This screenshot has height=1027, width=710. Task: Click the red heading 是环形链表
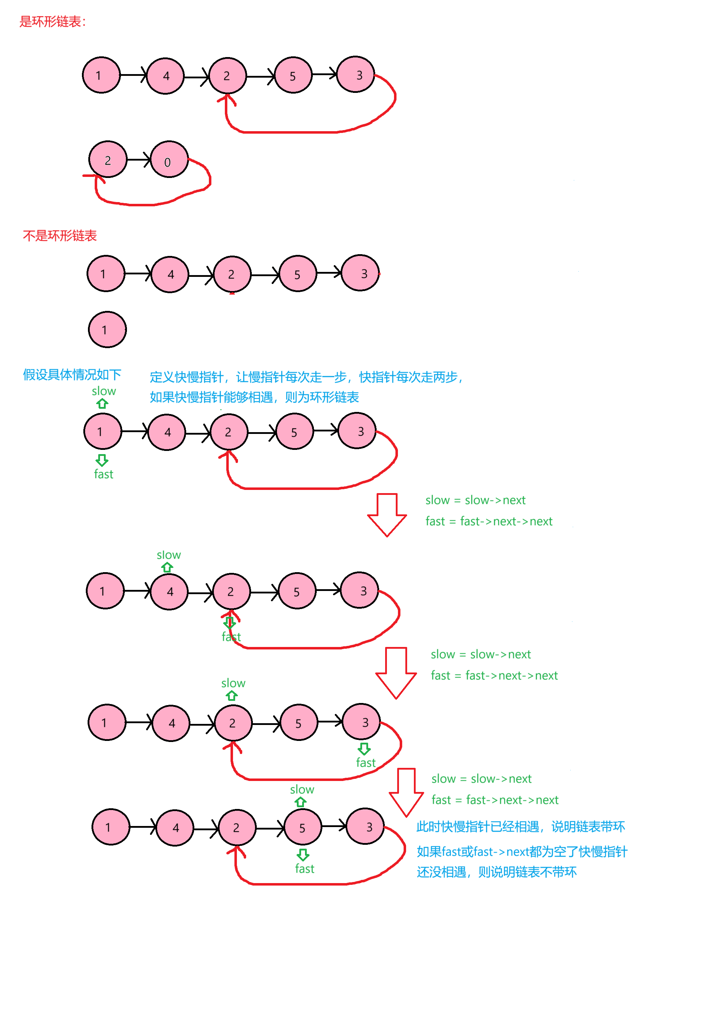(x=52, y=21)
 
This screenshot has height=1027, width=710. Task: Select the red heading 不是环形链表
(x=60, y=236)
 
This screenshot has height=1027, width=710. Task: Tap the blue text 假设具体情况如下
(x=72, y=375)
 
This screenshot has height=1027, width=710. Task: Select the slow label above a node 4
(x=168, y=555)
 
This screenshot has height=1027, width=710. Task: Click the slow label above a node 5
(x=302, y=789)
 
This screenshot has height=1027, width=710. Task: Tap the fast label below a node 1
(x=103, y=474)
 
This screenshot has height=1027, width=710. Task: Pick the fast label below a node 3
(x=366, y=763)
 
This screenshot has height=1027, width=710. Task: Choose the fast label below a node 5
(x=305, y=869)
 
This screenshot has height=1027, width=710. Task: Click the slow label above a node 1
(x=104, y=391)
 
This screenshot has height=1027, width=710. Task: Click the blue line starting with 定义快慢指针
(x=306, y=377)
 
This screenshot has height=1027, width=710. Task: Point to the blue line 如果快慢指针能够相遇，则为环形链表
(x=254, y=397)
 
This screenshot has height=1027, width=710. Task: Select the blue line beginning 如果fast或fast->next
(x=522, y=852)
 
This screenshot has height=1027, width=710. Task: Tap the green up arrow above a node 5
(x=301, y=802)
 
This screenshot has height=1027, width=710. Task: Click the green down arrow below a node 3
(x=364, y=749)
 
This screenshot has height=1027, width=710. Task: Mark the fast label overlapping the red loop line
(x=231, y=637)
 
